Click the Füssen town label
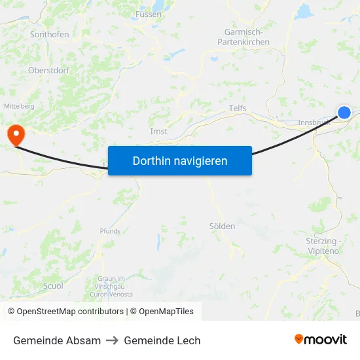pos(148,14)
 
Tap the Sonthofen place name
pos(50,35)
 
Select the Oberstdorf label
pos(49,70)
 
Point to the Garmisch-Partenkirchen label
pos(243,37)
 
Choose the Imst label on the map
pos(159,132)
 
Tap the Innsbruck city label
pos(313,122)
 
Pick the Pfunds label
pos(110,231)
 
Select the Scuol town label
pos(53,286)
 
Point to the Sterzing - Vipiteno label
pos(323,245)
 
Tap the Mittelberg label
pos(19,105)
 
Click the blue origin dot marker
pos(344,113)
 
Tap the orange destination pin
pos(14,134)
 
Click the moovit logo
pos(320,339)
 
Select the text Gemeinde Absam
pos(57,340)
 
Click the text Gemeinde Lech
pos(162,340)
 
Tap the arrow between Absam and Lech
pos(113,340)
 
